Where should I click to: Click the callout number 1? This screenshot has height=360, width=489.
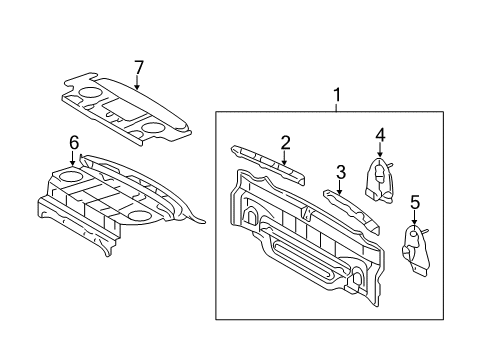[x=337, y=96]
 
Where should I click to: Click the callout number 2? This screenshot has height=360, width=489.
[x=285, y=142]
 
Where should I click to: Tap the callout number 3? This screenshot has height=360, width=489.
[x=341, y=171]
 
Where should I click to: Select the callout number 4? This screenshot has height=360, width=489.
[x=380, y=135]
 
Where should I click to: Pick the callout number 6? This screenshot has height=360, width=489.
[x=73, y=144]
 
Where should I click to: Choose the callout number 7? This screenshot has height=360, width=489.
[x=139, y=67]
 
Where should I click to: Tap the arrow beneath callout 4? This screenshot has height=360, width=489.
[x=380, y=150]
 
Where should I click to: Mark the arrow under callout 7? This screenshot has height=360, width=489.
[x=139, y=82]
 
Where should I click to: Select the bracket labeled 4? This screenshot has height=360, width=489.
[x=379, y=179]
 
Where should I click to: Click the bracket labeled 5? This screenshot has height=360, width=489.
[x=414, y=245]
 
